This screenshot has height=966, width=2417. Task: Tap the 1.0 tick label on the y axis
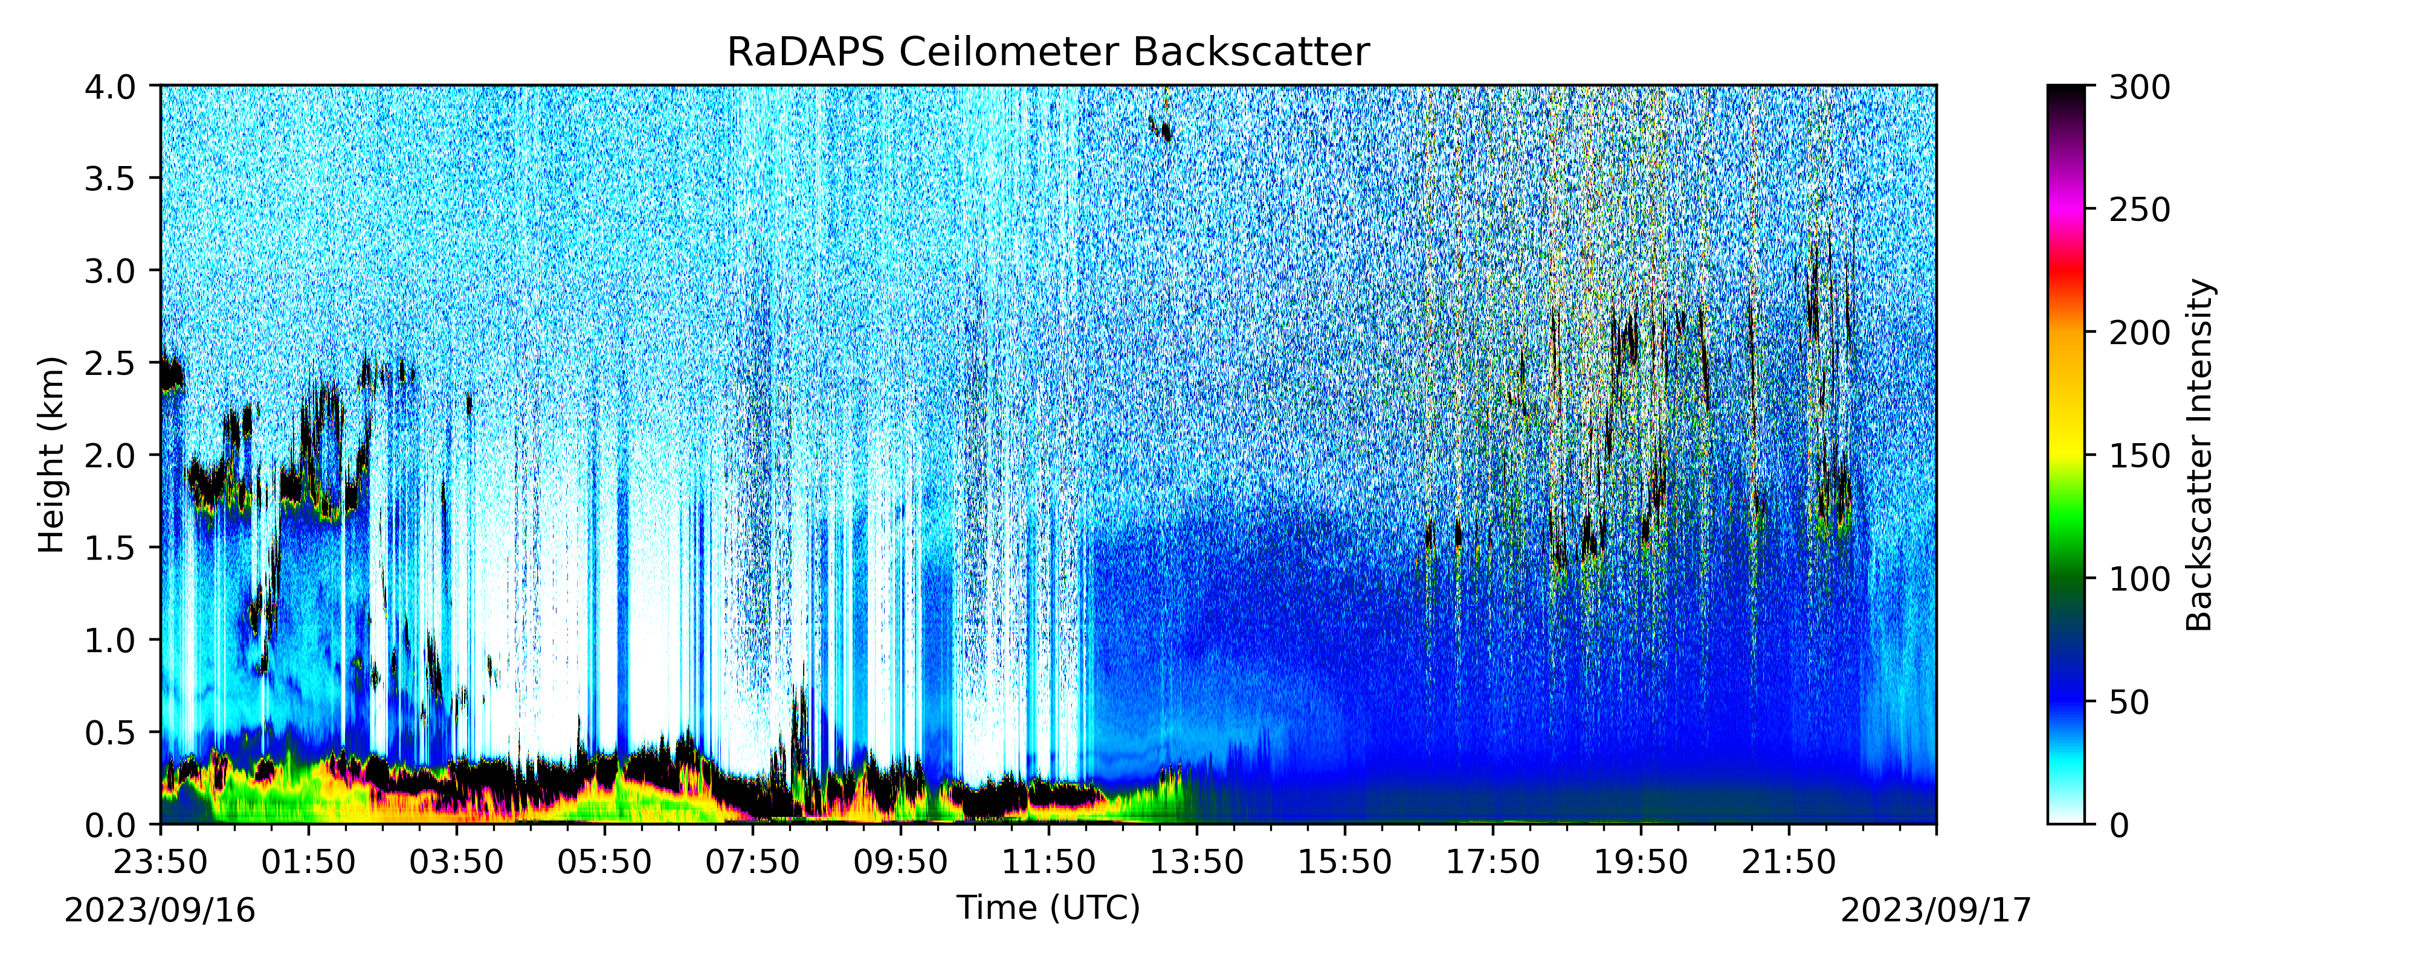point(110,641)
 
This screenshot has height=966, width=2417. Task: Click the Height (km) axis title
point(51,455)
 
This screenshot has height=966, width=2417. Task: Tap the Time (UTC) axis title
point(1048,908)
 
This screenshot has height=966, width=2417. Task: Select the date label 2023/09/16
point(160,910)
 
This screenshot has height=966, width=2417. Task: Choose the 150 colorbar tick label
point(2139,456)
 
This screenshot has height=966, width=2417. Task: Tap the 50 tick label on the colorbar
point(2129,702)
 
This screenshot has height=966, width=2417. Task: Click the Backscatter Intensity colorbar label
point(2200,455)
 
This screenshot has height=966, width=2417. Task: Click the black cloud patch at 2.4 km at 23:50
point(171,376)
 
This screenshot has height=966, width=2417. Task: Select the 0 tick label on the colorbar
point(2119,825)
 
